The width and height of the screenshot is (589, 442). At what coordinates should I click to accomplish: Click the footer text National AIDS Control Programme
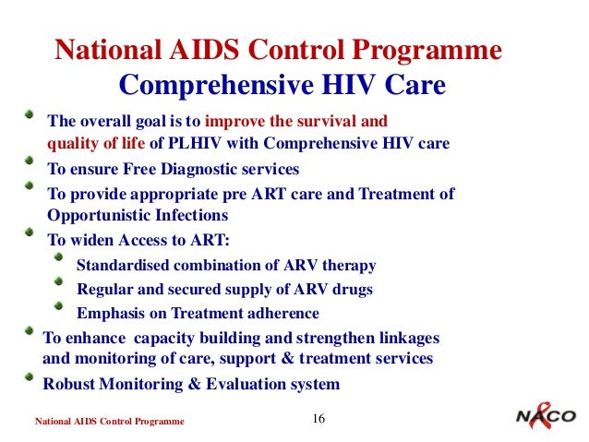pos(109,422)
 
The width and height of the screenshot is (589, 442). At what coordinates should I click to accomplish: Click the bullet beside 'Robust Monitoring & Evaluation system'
pos(31,379)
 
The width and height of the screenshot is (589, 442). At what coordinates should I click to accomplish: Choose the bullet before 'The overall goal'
pos(31,116)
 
